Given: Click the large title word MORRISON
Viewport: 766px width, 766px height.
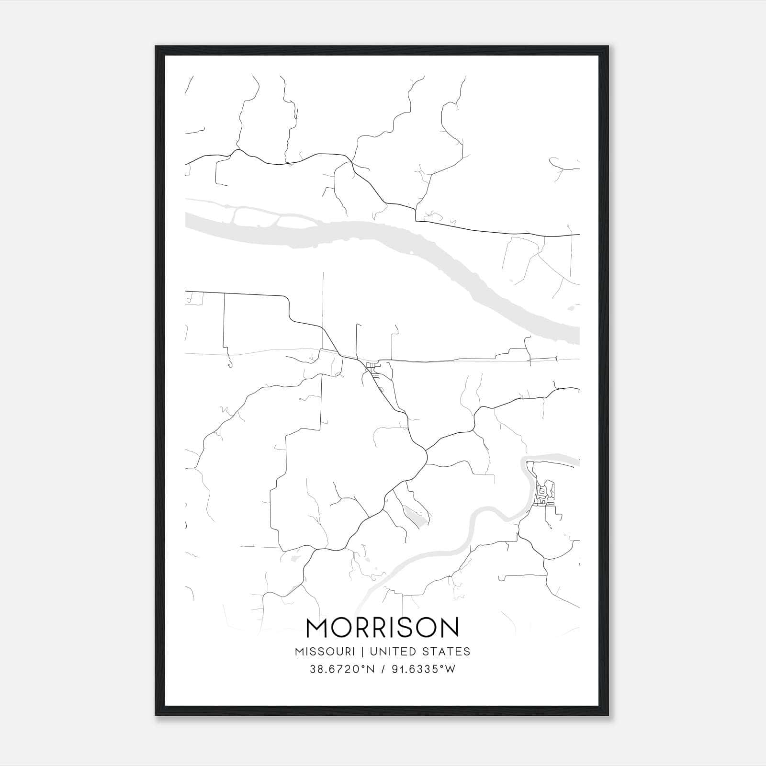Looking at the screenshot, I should click(382, 628).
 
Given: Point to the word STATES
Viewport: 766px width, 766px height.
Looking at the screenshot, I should click(446, 652).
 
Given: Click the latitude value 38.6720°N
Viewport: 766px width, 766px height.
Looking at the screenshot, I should click(340, 669).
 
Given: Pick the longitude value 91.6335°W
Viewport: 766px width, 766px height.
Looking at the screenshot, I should click(424, 669).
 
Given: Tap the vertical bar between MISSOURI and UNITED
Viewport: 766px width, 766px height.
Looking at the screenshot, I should click(363, 652).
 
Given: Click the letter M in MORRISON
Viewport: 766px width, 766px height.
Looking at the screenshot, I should click(316, 628).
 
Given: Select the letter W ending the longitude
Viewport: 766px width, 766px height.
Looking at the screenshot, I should click(450, 669).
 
